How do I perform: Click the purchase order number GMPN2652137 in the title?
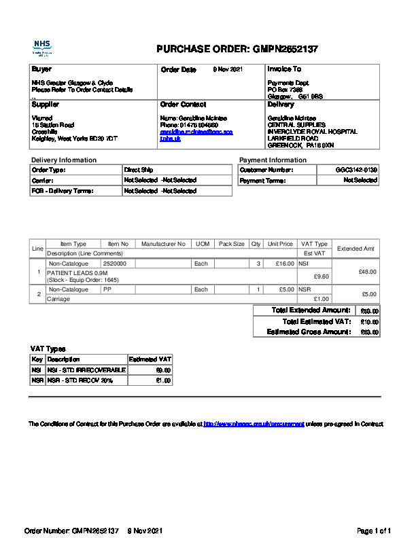[285, 49]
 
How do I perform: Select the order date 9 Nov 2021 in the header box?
[228, 69]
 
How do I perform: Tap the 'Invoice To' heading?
[284, 69]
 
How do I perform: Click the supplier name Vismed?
[41, 118]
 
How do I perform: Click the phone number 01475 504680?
[198, 125]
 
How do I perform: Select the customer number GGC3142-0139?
[356, 169]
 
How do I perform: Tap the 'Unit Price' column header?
[280, 244]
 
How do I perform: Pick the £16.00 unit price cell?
[283, 263]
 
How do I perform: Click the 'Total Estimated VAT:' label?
[316, 321]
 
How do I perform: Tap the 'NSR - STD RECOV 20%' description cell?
[80, 380]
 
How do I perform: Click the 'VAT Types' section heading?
[48, 348]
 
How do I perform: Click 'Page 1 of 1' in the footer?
[374, 530]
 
